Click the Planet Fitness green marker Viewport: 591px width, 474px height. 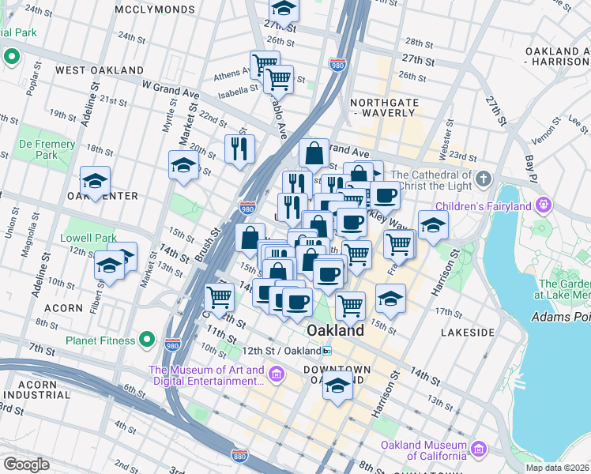pyautogui.click(x=146, y=340)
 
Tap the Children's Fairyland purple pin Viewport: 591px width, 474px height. pyautogui.click(x=543, y=206)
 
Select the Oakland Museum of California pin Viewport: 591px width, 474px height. pyautogui.click(x=478, y=450)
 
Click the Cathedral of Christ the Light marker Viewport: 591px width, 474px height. pyautogui.click(x=484, y=178)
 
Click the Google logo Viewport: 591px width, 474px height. pyautogui.click(x=26, y=464)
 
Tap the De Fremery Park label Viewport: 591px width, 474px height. pyautogui.click(x=47, y=150)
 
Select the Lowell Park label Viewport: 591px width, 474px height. pyautogui.click(x=88, y=238)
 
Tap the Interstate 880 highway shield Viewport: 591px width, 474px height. pyautogui.click(x=240, y=456)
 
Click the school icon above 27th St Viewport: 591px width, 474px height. pyautogui.click(x=282, y=10)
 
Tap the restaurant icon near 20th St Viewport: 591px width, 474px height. pyautogui.click(x=239, y=148)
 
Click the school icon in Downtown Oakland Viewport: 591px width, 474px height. pyautogui.click(x=337, y=387)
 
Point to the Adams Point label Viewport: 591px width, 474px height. pyautogui.click(x=560, y=317)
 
